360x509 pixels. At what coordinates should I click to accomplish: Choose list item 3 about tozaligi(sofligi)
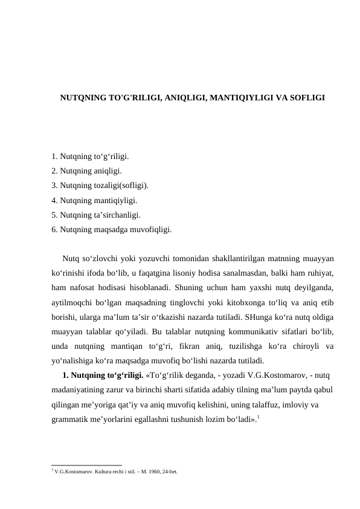(100, 186)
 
